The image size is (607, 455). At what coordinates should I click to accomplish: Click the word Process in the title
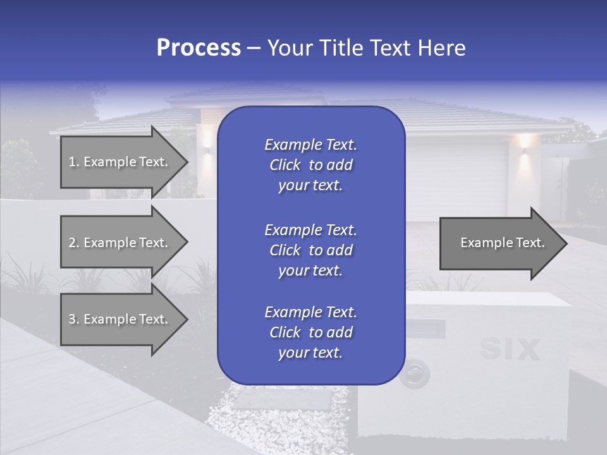[199, 48]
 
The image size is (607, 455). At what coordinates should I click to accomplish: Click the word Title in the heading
[341, 48]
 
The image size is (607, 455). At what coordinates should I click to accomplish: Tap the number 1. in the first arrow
[74, 162]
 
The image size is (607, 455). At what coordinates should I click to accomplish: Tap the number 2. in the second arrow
[74, 243]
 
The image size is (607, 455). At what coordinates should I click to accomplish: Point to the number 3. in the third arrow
[74, 319]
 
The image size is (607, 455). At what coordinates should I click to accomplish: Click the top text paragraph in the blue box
[310, 165]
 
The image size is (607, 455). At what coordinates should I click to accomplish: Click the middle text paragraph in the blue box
[310, 250]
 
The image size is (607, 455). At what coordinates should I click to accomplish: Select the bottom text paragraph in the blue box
[310, 332]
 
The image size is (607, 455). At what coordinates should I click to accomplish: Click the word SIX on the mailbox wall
[510, 349]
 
